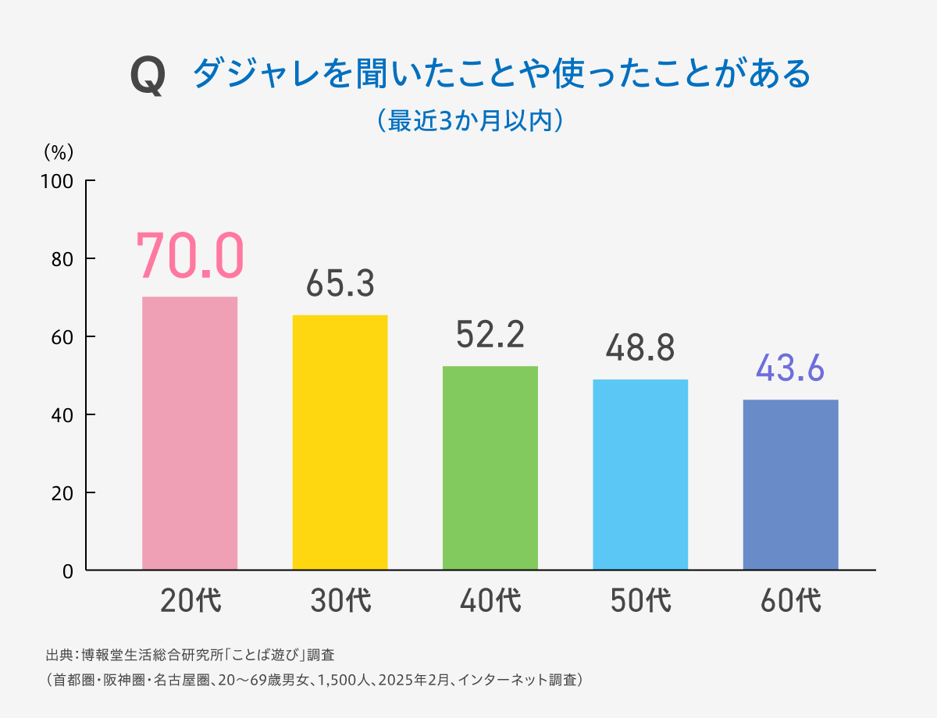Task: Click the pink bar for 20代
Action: tap(190, 433)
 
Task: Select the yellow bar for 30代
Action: tap(340, 443)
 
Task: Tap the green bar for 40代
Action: tap(490, 468)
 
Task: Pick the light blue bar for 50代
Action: tap(640, 475)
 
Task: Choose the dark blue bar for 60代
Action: tap(790, 485)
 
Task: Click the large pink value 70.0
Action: tap(190, 255)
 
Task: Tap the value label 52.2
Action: tap(490, 336)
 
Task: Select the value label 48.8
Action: tap(640, 349)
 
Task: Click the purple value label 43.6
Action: tap(790, 368)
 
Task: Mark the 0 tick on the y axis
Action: tap(69, 570)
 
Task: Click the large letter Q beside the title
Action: tap(148, 77)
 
